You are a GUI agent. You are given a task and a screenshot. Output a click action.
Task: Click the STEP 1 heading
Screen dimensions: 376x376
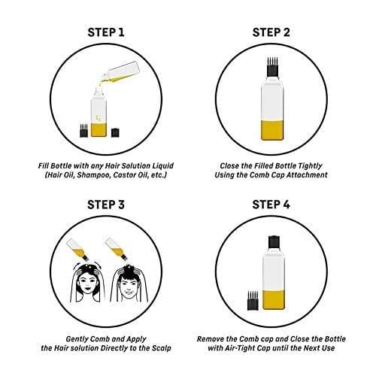106,32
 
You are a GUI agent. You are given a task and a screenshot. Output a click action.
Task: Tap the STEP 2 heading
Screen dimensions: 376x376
271,32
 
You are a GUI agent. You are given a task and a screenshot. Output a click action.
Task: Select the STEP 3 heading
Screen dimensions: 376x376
106,205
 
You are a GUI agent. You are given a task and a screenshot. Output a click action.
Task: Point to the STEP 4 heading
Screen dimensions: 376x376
271,205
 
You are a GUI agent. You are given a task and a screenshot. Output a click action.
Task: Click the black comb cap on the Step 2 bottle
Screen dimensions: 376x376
272,67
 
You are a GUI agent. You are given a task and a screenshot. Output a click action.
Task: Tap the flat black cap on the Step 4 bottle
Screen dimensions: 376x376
274,241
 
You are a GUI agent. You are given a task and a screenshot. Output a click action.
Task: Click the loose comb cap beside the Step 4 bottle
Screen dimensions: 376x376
253,301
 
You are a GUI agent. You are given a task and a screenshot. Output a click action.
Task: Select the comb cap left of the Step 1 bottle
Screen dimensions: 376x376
84,130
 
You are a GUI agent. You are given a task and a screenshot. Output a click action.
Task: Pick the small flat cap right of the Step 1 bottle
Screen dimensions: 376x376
115,132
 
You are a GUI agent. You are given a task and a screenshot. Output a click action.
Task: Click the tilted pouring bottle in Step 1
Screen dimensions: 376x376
121,72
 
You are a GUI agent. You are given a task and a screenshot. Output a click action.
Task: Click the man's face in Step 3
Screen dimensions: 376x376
128,287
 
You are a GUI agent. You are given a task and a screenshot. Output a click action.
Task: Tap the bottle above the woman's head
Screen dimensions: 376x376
77,250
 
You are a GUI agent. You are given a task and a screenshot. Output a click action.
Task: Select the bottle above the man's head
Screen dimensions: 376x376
117,250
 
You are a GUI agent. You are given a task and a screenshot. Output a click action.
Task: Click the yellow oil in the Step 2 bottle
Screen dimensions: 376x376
272,130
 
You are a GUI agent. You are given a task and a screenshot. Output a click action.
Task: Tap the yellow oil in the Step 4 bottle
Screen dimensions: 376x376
274,299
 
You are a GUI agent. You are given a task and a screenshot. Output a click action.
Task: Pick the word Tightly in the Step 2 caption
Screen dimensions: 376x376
310,166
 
